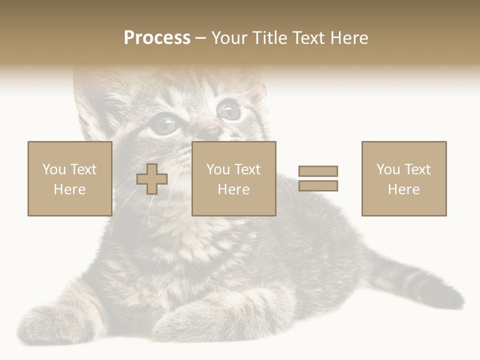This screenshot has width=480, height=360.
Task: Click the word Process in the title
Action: pos(157,38)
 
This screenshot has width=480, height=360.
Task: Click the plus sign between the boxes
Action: pos(152,179)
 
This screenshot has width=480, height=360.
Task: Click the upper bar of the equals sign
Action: pos(318,171)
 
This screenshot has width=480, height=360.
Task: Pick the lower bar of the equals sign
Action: pos(318,186)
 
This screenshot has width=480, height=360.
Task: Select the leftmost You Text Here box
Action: pos(69,178)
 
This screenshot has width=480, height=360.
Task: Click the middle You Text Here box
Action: pos(233,178)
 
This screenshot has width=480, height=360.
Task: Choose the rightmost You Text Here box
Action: pos(403,178)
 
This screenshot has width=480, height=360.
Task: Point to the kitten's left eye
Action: pos(164,125)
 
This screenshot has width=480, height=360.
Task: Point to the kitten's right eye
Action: pos(228,109)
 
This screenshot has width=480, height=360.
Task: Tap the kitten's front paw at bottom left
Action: pos(55,320)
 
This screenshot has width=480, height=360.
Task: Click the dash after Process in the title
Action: pos(200,38)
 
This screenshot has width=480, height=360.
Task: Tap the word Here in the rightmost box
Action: pos(403,189)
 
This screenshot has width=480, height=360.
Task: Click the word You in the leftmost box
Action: pos(53,169)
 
